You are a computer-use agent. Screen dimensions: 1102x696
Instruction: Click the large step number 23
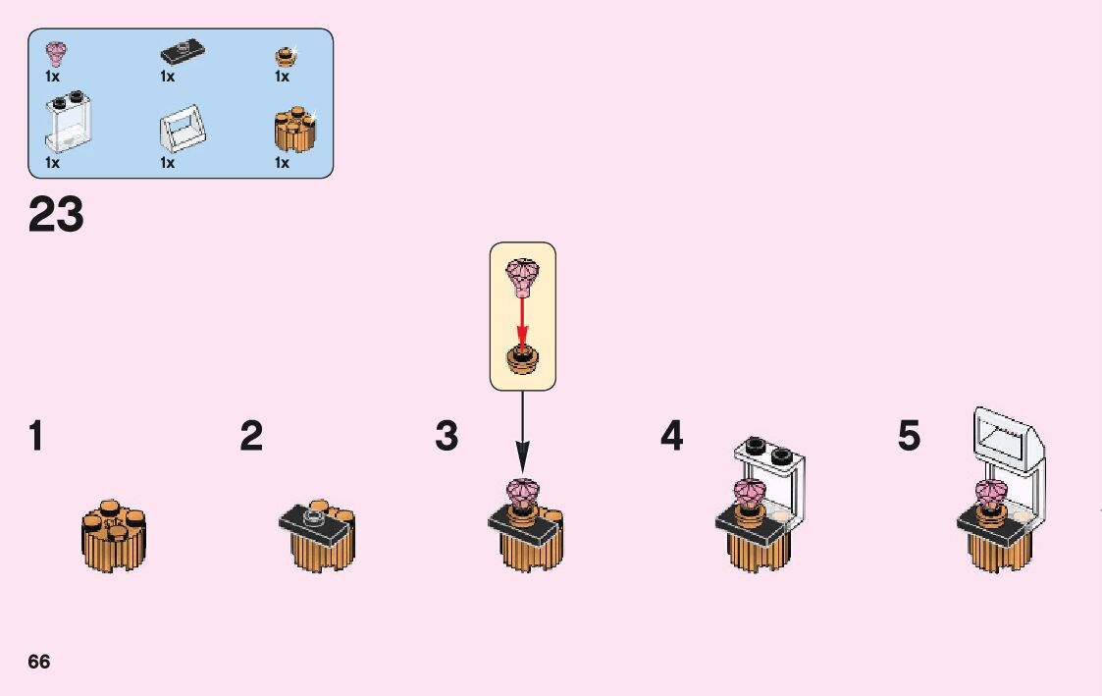[x=56, y=215]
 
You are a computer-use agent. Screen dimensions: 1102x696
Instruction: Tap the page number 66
[x=39, y=661]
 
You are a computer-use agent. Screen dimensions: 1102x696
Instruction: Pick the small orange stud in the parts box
[x=285, y=54]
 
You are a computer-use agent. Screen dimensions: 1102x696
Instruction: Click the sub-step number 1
[x=36, y=436]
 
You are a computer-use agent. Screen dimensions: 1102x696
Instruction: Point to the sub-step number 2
[x=251, y=436]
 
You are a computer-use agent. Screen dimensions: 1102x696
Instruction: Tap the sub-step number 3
[x=446, y=436]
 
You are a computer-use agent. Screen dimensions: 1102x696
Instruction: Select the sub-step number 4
[x=671, y=436]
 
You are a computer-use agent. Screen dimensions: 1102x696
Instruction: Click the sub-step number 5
[x=910, y=436]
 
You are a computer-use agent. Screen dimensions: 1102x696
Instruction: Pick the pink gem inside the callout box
[x=522, y=276]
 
